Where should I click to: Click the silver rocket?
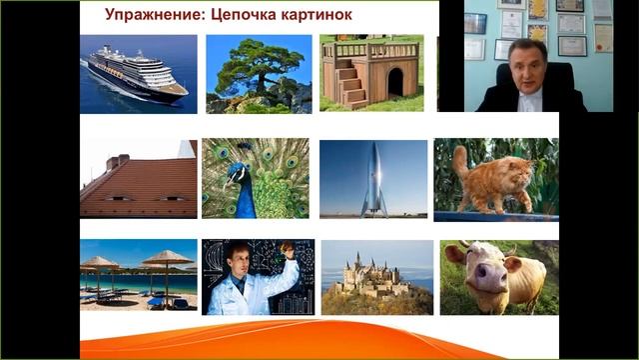[373, 181]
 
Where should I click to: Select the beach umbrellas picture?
[139, 276]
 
